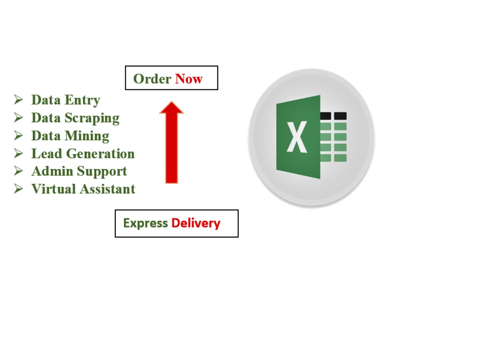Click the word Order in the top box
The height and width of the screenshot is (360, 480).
click(x=152, y=79)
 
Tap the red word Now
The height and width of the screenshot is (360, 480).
click(x=189, y=79)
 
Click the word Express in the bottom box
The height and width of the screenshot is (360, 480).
click(x=145, y=223)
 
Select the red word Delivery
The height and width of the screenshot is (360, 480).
click(x=196, y=223)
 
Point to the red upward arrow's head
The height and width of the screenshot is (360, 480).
click(x=171, y=107)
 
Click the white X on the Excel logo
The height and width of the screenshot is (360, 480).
click(x=297, y=136)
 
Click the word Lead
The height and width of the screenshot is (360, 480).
click(x=47, y=154)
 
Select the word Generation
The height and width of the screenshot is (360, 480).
click(x=100, y=154)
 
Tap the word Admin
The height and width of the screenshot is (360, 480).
click(x=52, y=171)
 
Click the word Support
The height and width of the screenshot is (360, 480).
click(x=102, y=172)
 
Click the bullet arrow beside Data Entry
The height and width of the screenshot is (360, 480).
click(x=18, y=100)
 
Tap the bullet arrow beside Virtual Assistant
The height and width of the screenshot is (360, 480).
click(x=18, y=189)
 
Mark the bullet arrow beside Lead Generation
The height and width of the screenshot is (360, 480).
click(x=18, y=154)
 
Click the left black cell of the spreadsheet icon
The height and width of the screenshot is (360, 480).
click(x=326, y=116)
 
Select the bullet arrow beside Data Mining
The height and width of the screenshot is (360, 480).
click(x=18, y=136)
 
